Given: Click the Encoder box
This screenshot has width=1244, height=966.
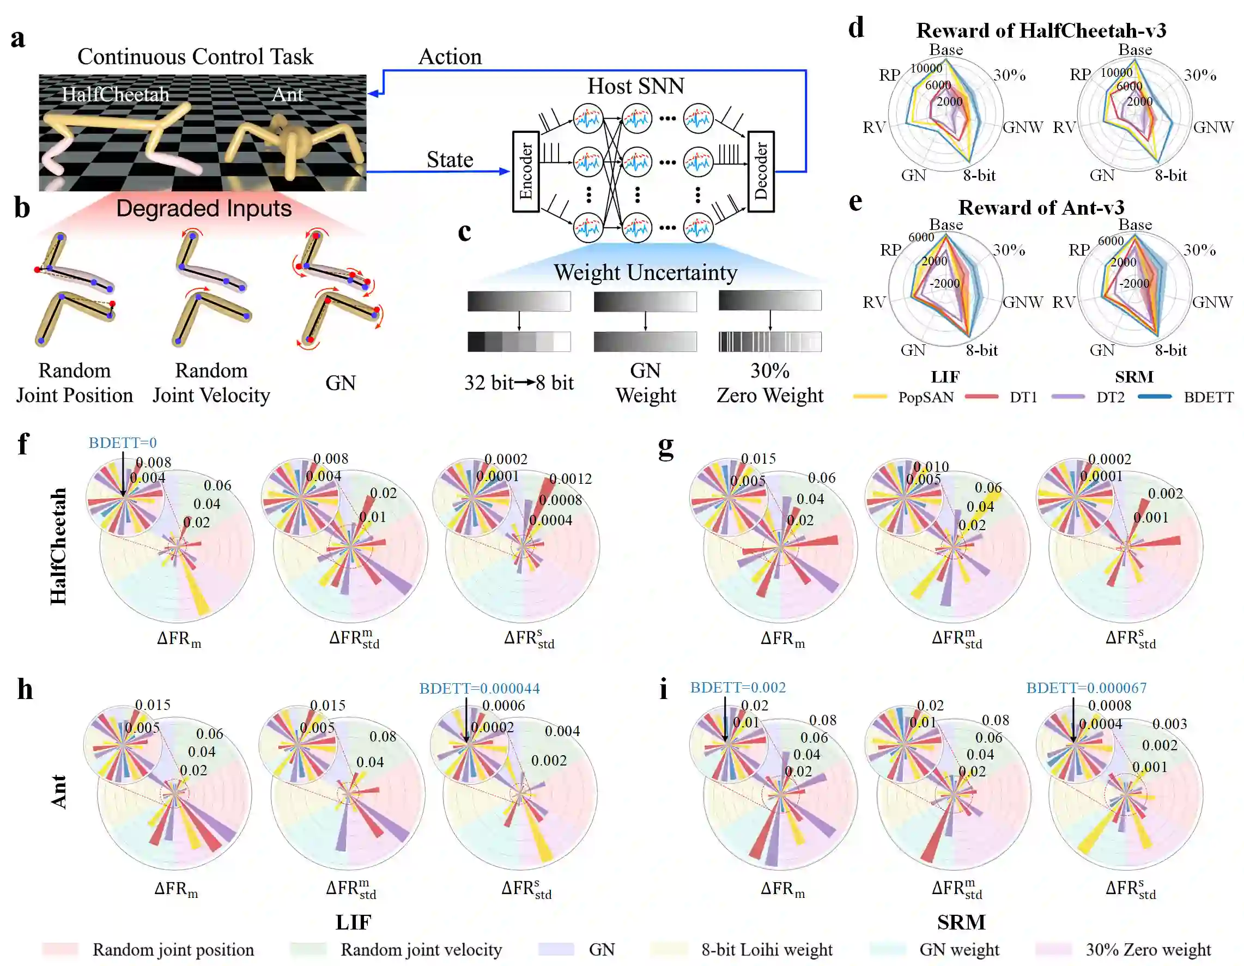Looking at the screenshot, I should (526, 172).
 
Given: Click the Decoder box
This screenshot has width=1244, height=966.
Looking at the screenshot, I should (761, 172).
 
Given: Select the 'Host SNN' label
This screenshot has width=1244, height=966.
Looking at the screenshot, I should (636, 86).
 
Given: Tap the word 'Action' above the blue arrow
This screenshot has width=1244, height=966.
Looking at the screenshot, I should (450, 57).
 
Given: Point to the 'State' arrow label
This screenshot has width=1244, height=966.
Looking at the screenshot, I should (450, 160).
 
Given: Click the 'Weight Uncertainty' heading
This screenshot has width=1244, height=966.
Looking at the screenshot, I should (645, 272).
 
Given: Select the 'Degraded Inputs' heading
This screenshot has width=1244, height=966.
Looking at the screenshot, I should (204, 209).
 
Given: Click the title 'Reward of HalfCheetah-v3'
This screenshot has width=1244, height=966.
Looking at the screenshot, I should (1041, 30).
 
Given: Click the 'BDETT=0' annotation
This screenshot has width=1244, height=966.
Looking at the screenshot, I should (123, 442).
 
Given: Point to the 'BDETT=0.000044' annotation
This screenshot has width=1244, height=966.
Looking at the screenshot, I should (479, 688).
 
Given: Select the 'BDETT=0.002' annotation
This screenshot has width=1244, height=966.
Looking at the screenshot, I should (738, 687).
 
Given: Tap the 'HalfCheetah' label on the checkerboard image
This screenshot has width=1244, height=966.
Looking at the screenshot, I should (116, 94).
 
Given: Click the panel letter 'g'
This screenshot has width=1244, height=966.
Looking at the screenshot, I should (666, 446).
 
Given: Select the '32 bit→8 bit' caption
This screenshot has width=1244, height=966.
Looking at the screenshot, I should (519, 383).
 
